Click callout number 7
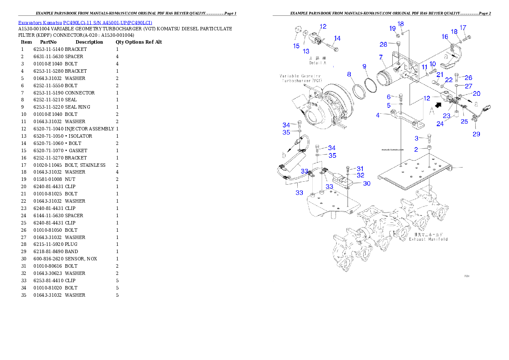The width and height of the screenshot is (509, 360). coord(380,57)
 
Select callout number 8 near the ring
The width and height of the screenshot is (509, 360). coord(349,74)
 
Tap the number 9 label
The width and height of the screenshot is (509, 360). coord(364,66)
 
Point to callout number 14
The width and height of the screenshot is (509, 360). coord(337,38)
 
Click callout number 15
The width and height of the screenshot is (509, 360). coord(296,46)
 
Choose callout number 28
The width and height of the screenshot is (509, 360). coord(383,44)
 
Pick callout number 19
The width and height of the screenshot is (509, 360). coord(393,28)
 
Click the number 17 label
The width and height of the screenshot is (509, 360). coord(463,28)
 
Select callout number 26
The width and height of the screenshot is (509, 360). coord(468,78)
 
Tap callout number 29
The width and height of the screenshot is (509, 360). coord(476,134)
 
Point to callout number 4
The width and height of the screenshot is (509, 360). coord(378,115)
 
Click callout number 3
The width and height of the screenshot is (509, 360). coord(416,138)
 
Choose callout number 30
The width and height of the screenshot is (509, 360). coord(367,183)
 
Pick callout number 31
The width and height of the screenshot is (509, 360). coord(360,168)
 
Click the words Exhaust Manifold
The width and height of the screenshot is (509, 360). coord(428,239)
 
